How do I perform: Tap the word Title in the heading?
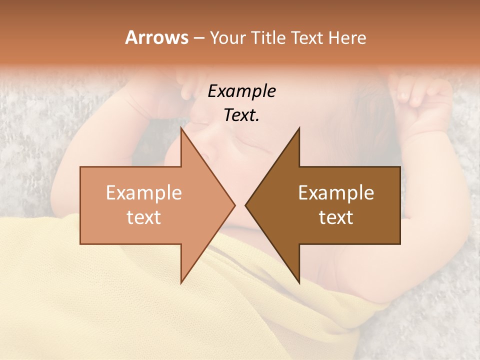click(x=270, y=37)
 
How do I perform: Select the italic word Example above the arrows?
click(x=241, y=91)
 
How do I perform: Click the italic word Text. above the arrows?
click(x=241, y=115)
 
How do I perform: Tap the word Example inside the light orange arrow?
click(x=144, y=192)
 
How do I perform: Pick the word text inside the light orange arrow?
click(x=144, y=217)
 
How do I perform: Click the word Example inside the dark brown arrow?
click(x=336, y=192)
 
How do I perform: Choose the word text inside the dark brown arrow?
click(x=336, y=217)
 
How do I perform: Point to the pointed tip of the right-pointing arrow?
click(x=234, y=205)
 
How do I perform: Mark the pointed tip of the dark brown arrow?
click(x=246, y=205)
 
